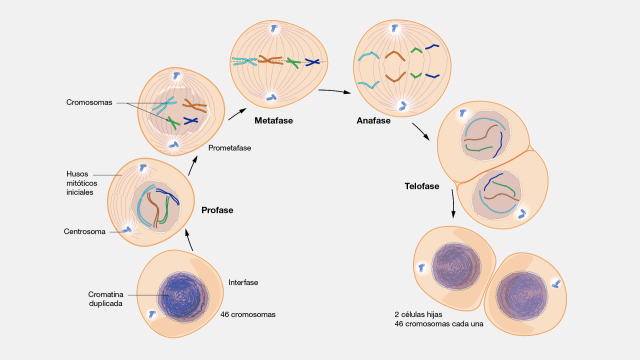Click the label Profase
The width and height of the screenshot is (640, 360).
pyautogui.click(x=217, y=211)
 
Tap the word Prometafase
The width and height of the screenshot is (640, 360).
pyautogui.click(x=229, y=148)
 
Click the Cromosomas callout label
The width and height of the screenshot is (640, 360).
pyautogui.click(x=90, y=101)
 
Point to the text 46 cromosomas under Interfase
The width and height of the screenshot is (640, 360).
pyautogui.click(x=248, y=314)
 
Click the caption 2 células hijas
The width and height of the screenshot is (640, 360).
pyautogui.click(x=423, y=314)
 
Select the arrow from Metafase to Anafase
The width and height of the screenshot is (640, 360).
pyautogui.click(x=332, y=92)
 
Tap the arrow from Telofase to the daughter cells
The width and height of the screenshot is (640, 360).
pyautogui.click(x=453, y=204)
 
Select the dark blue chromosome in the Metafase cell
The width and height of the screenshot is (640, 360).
pyautogui.click(x=313, y=62)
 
